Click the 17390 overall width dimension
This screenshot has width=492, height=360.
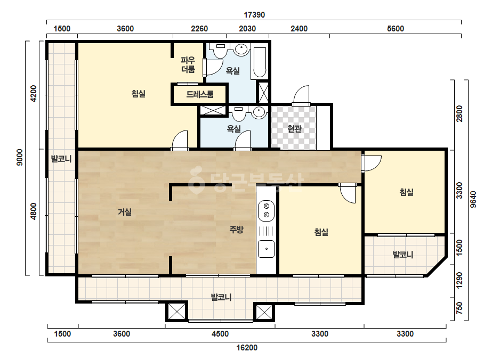coord(254,15)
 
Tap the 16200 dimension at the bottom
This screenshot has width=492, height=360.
coord(247,347)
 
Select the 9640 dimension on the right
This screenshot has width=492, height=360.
coord(473,200)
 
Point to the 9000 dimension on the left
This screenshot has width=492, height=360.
coord(19,158)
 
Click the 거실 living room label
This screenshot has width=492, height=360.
coord(125,212)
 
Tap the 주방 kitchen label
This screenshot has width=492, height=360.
coord(236,230)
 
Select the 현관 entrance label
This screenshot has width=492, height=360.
coord(294,128)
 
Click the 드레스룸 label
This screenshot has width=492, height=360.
coord(200,94)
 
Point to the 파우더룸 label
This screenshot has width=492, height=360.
coord(188,64)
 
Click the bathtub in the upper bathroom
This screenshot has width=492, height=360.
coord(260,63)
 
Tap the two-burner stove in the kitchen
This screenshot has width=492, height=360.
coord(266,210)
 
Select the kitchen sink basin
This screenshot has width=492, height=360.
coord(266,249)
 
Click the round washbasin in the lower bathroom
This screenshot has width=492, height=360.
coord(259,112)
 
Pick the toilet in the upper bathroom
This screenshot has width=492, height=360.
coord(220,50)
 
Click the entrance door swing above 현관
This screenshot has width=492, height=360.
coord(301,95)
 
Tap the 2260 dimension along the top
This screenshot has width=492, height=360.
coord(199,29)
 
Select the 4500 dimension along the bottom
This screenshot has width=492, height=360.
coord(220,334)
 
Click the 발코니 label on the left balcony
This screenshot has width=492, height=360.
coord(61,159)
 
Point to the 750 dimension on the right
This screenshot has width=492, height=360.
coord(459,308)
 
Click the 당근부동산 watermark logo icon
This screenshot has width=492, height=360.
coord(196,181)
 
